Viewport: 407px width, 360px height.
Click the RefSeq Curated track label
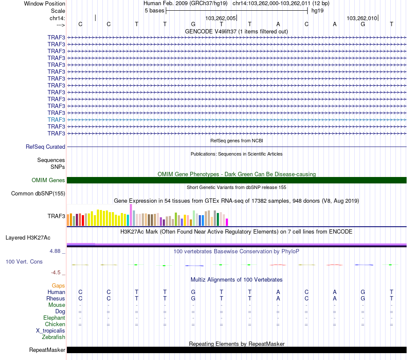click(x=45, y=147)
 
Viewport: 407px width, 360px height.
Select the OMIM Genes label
click(x=48, y=180)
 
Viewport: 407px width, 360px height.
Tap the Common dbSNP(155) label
click(x=38, y=193)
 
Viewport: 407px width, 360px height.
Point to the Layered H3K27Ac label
click(x=28, y=237)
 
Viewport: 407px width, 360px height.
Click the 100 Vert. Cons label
click(x=24, y=261)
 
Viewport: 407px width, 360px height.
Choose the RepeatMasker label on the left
click(x=47, y=350)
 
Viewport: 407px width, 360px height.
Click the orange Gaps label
click(x=58, y=285)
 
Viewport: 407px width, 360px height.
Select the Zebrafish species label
click(x=54, y=337)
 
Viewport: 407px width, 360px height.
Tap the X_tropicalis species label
click(x=51, y=331)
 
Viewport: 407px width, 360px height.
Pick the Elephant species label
click(x=54, y=318)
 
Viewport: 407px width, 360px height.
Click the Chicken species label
click(x=55, y=324)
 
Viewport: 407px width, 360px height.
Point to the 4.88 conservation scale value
click(x=57, y=251)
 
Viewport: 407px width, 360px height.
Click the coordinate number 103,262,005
click(x=221, y=18)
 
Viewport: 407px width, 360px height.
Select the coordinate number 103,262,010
click(x=362, y=18)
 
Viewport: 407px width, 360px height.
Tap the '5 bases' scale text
click(x=154, y=10)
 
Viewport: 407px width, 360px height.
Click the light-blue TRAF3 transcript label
click(x=57, y=120)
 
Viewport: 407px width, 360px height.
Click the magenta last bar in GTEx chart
click(x=227, y=222)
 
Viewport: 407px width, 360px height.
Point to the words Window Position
click(x=45, y=3)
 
